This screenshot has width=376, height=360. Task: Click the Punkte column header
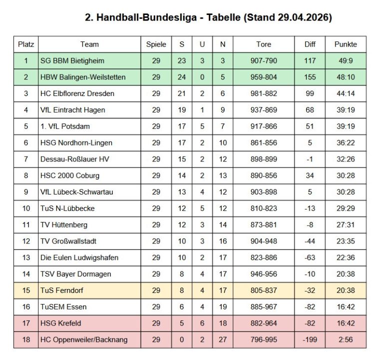pos(346,44)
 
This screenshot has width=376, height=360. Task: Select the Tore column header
pos(264,44)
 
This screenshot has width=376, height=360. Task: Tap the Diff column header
pos(310,44)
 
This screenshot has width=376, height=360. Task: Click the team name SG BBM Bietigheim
pos(72,61)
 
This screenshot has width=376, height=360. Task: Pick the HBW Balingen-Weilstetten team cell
pos(83,77)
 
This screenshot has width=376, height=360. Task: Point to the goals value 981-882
pos(264,93)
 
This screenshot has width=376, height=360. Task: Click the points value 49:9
pos(346,61)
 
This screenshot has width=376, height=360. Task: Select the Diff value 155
pos(310,77)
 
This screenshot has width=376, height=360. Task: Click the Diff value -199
pos(310,339)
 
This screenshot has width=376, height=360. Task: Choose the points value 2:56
pos(346,339)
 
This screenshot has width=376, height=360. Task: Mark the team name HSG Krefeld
pos(60,323)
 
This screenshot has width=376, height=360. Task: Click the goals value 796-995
pos(264,339)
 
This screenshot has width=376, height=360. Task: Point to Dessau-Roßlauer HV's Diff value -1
pos(310,159)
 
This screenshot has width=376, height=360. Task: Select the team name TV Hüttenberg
pos(63,225)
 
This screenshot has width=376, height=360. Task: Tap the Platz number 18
pos(26,339)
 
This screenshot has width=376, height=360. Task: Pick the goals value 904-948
pos(264,241)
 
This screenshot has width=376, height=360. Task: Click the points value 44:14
pos(346,93)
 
